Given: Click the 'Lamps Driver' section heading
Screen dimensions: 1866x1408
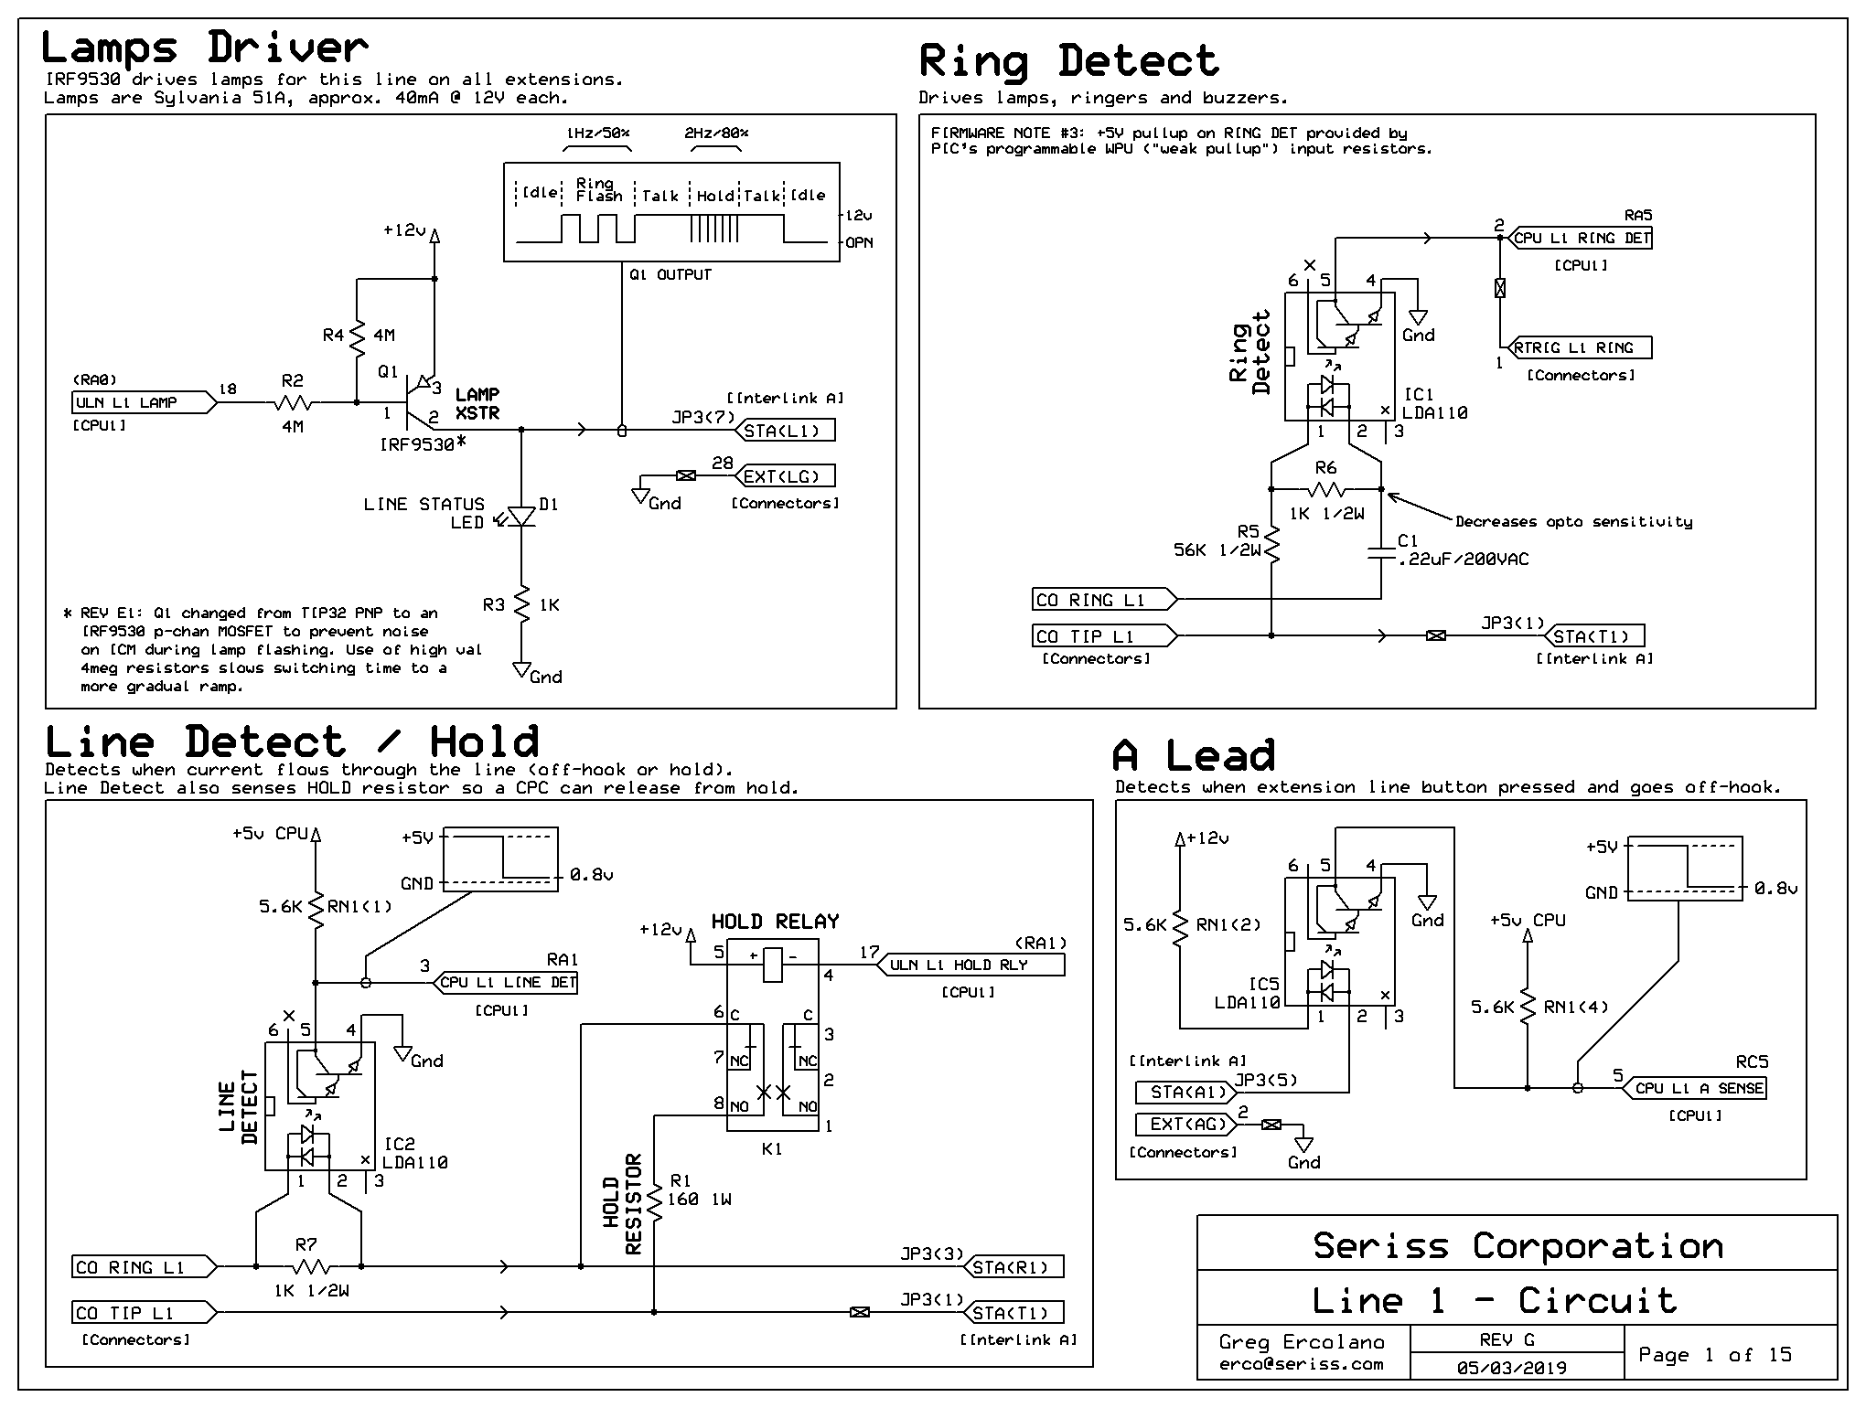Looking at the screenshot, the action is (205, 48).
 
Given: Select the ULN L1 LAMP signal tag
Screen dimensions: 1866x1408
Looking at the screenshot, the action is (145, 402).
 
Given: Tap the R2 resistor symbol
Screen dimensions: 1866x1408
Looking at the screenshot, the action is (293, 402).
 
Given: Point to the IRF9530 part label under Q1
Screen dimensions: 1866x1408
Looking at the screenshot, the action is (417, 445).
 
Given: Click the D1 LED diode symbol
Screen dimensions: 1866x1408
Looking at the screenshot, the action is (521, 517).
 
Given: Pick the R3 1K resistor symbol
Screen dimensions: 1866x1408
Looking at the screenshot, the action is (521, 605).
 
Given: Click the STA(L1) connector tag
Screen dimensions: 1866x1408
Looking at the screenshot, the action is (785, 431).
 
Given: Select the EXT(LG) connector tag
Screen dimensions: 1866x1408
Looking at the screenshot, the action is (785, 476).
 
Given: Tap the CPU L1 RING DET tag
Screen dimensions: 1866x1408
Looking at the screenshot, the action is (1580, 238).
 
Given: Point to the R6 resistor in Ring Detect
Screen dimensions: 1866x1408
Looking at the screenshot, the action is (1326, 489).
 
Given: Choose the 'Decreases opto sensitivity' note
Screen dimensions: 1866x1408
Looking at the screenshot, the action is (1573, 522).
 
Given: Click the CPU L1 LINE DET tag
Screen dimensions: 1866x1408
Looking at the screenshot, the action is (504, 983).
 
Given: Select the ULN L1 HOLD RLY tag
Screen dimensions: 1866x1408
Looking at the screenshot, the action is (971, 965).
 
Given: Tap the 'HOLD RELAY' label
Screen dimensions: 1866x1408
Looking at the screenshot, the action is (775, 922).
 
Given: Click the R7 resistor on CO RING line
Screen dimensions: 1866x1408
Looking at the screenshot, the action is (311, 1266).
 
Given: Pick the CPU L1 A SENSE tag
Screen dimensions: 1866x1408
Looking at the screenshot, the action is (1695, 1088).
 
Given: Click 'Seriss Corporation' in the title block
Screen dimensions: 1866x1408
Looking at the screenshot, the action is (1517, 1246).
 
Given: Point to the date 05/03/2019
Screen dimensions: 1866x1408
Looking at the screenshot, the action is (1511, 1368).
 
